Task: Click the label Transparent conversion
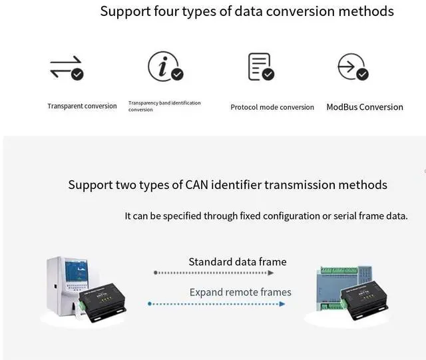click(82, 106)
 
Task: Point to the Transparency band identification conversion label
click(164, 106)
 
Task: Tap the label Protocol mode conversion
click(272, 107)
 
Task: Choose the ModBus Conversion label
click(365, 107)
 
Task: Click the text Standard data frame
click(238, 262)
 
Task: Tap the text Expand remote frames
click(240, 292)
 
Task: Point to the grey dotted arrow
click(220, 273)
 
